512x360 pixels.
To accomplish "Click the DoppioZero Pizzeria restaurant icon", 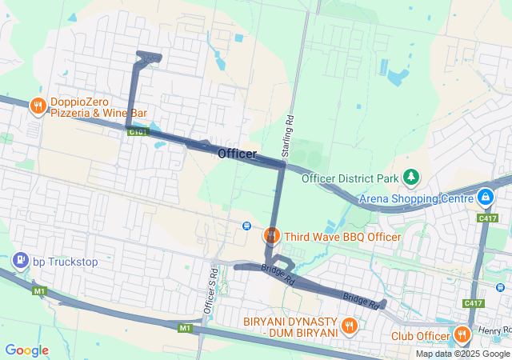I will click(x=37, y=106).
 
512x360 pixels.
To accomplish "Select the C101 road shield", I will click(x=138, y=132).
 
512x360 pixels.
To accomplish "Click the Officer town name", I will click(x=237, y=154).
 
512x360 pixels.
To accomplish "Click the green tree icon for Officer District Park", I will click(x=411, y=176).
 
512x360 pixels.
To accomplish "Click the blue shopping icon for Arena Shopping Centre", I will click(x=486, y=196).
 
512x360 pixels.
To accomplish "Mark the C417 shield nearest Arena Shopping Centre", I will click(x=487, y=218).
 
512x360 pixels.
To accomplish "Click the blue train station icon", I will click(x=247, y=226).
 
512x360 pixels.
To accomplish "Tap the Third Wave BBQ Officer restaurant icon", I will click(x=271, y=235).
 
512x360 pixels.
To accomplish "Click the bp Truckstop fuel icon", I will click(x=19, y=261).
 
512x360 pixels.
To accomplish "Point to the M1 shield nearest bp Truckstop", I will click(x=40, y=291).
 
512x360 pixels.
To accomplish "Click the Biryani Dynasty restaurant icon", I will click(x=349, y=326).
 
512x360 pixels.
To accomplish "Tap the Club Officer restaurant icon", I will click(x=461, y=335).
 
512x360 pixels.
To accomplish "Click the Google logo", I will click(x=26, y=350).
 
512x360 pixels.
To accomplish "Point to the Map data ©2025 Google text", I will click(x=462, y=354).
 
